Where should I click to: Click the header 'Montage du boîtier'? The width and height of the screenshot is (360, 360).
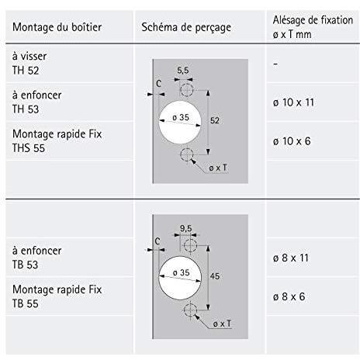[x=57, y=27]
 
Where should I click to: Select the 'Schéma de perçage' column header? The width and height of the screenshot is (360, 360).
[x=186, y=28]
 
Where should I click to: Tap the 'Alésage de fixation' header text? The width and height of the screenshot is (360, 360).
[x=313, y=20]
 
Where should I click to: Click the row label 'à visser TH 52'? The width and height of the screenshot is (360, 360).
[x=29, y=64]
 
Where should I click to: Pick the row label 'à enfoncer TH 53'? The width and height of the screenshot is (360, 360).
[x=37, y=102]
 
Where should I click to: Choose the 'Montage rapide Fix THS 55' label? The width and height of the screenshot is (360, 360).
[x=57, y=141]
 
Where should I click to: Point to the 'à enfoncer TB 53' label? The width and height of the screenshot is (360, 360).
[x=37, y=258]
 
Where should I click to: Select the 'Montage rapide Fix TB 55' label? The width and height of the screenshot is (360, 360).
[x=57, y=296]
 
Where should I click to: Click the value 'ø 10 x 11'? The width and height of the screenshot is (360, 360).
[x=293, y=102]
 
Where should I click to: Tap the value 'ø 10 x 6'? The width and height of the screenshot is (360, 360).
[x=292, y=141]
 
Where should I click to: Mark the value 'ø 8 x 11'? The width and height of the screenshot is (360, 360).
[x=291, y=258]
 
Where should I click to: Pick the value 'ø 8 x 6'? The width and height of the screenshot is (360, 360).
[x=289, y=296]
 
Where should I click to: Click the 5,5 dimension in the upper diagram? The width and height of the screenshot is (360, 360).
[x=183, y=71]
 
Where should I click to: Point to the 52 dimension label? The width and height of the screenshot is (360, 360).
[x=215, y=120]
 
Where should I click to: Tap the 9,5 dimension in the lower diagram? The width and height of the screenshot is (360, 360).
[x=186, y=228]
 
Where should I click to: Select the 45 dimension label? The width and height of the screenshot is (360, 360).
[x=215, y=276]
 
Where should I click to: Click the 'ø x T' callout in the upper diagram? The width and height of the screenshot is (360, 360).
[x=218, y=168]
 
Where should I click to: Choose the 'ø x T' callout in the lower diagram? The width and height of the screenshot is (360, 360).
[x=222, y=324]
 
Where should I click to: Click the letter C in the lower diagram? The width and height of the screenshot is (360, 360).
[x=157, y=241]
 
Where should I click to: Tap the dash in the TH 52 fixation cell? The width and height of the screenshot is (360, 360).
[x=275, y=64]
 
